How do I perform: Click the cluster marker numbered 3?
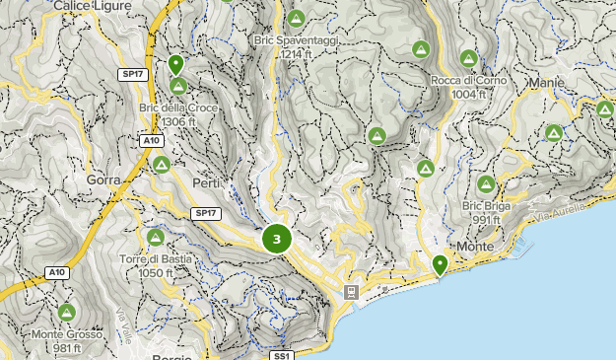[277, 239]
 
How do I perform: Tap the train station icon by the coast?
[351, 293]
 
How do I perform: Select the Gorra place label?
[103, 180]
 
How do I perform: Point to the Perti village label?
[207, 183]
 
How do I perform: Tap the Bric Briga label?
[485, 205]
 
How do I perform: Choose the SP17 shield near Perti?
[204, 212]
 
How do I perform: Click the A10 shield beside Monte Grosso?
[57, 271]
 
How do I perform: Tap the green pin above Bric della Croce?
[176, 65]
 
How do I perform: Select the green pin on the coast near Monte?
[440, 263]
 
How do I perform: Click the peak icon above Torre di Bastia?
[155, 237]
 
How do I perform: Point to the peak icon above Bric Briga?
[486, 183]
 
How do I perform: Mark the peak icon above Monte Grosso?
[66, 313]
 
